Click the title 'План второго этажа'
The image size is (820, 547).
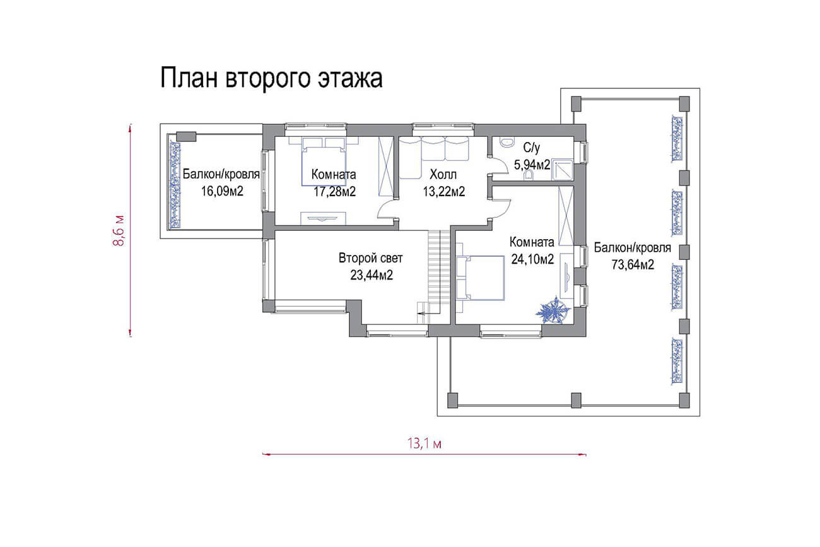[271, 78]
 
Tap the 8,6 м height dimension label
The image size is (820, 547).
[119, 231]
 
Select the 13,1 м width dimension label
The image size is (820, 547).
[425, 444]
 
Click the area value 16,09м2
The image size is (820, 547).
[222, 191]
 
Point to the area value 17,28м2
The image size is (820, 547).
[334, 192]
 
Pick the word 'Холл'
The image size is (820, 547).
[443, 175]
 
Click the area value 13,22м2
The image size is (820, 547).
[444, 192]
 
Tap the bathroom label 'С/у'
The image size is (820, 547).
[531, 148]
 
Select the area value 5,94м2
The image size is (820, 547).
[532, 165]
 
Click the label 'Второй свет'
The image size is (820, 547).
[370, 258]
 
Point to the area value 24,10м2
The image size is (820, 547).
[532, 259]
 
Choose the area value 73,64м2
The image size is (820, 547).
[633, 264]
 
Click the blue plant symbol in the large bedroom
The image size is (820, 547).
[553, 311]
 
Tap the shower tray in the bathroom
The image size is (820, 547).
[562, 170]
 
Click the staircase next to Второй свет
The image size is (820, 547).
[438, 272]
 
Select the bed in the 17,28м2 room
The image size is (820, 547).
[324, 162]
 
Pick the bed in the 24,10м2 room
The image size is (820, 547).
[480, 278]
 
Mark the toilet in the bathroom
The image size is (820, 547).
[529, 175]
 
